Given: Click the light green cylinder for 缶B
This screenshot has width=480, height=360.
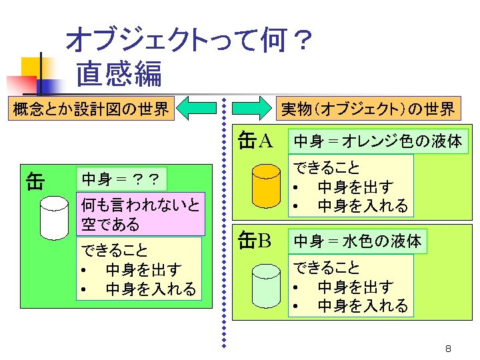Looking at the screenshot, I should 266,286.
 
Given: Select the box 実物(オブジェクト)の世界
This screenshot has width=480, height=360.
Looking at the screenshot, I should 367,108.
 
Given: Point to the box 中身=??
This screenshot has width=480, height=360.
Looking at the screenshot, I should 120,179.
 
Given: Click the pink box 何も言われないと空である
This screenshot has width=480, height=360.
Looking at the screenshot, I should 141,214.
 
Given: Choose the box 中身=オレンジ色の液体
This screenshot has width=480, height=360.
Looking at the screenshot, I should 378,141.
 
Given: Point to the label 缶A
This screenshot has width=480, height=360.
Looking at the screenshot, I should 256,141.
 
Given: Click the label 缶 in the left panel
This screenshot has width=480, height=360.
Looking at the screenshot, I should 35,181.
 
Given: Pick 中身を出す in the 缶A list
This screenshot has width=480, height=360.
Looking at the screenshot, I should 355,186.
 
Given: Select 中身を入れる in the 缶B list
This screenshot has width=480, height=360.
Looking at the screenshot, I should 363,306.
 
